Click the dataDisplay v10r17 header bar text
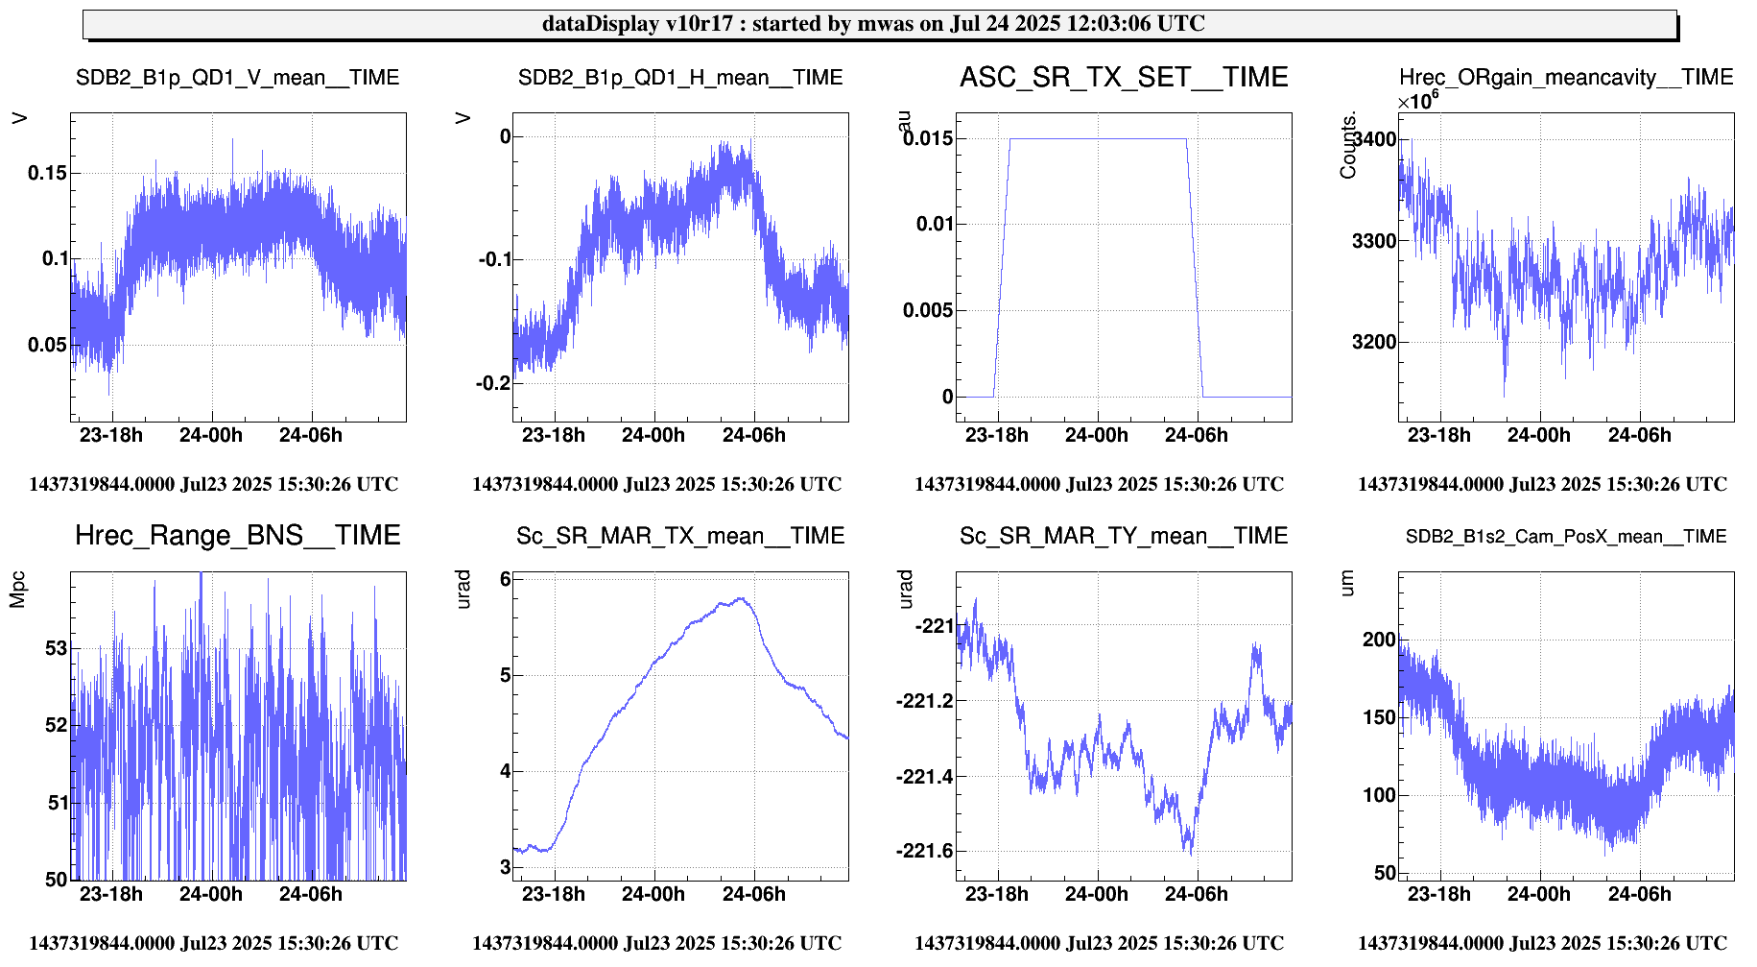tap(873, 24)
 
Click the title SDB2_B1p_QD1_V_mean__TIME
tap(237, 78)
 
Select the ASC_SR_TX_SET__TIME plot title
tap(1124, 78)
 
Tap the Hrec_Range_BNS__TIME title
tap(237, 536)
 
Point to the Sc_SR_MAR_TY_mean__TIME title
tap(1124, 536)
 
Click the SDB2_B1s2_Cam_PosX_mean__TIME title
tap(1566, 537)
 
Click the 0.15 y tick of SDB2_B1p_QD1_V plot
tap(48, 173)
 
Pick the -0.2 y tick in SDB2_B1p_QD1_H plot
tap(493, 383)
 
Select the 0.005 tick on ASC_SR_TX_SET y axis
tap(928, 310)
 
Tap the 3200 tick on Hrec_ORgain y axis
tap(1374, 342)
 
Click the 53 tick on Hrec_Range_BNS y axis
tap(57, 648)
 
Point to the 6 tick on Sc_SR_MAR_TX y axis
tap(505, 579)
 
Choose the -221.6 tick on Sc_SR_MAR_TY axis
tap(925, 851)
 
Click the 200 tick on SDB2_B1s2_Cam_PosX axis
tap(1379, 640)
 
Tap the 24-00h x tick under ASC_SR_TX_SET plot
tap(1096, 436)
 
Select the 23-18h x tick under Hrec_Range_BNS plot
tap(110, 894)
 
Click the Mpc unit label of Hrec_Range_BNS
tap(17, 590)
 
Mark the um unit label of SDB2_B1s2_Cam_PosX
tap(1346, 583)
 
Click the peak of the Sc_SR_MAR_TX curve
tap(740, 598)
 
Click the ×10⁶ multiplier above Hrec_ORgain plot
tap(1417, 101)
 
